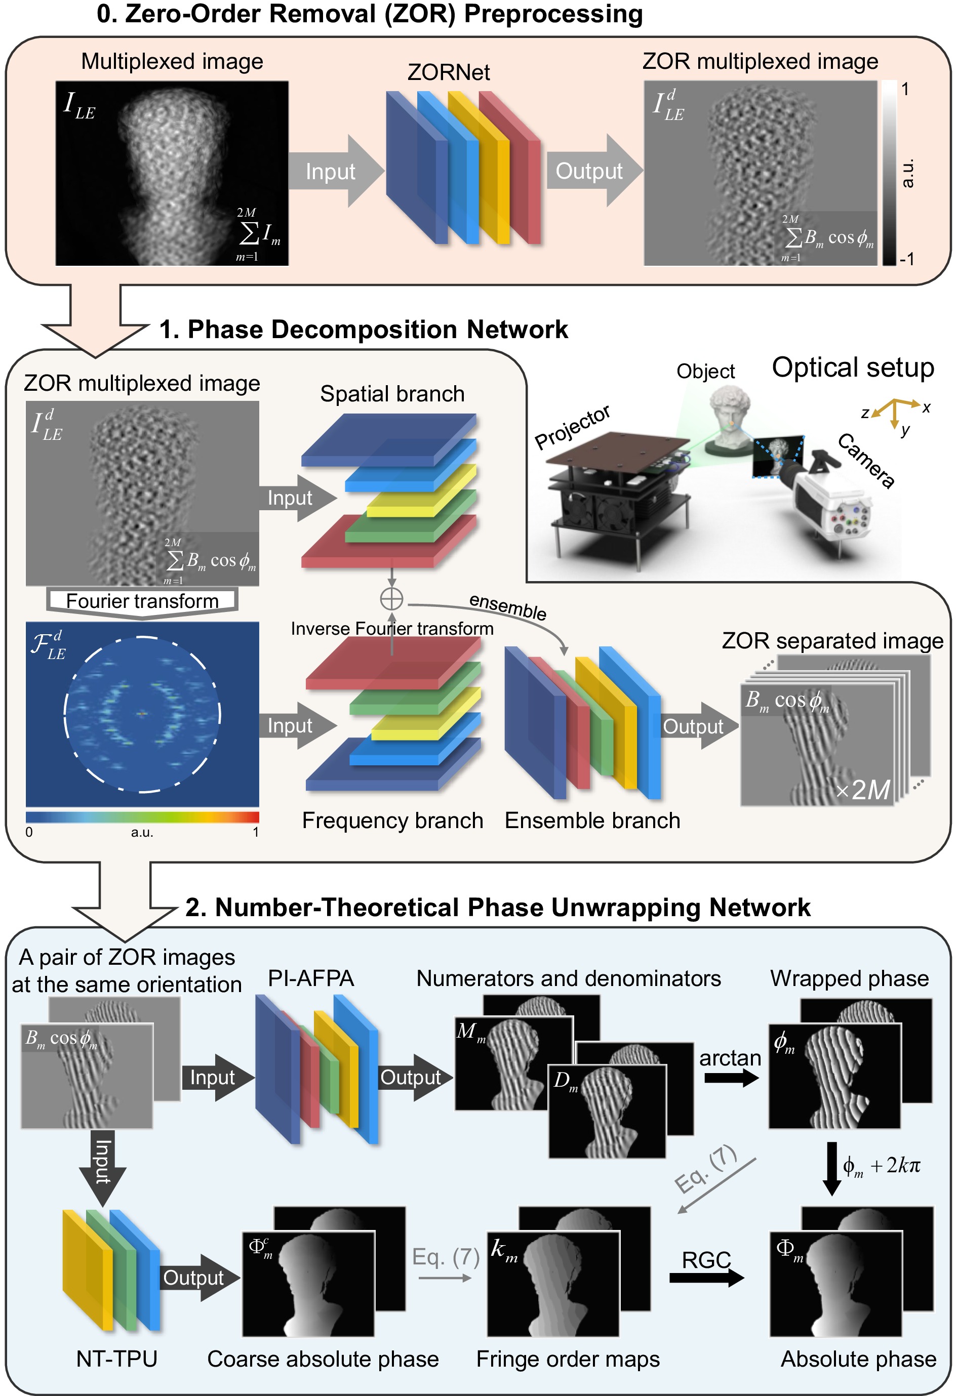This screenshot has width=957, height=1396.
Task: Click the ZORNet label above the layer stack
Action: click(448, 73)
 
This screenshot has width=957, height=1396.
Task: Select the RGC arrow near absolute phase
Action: click(706, 1277)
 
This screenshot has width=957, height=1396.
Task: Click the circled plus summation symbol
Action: click(392, 599)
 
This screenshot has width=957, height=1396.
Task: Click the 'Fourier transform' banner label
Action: click(142, 601)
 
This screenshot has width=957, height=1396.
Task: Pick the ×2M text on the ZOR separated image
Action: click(863, 789)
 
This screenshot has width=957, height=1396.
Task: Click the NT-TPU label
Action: click(116, 1359)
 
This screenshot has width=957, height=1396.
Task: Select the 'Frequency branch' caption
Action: click(392, 820)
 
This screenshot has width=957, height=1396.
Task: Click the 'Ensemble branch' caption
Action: click(592, 820)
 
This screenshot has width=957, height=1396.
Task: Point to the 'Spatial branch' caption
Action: click(392, 394)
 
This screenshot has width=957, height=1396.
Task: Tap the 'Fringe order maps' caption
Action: click(568, 1359)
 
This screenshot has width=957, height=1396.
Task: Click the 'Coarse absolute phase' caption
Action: click(323, 1359)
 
